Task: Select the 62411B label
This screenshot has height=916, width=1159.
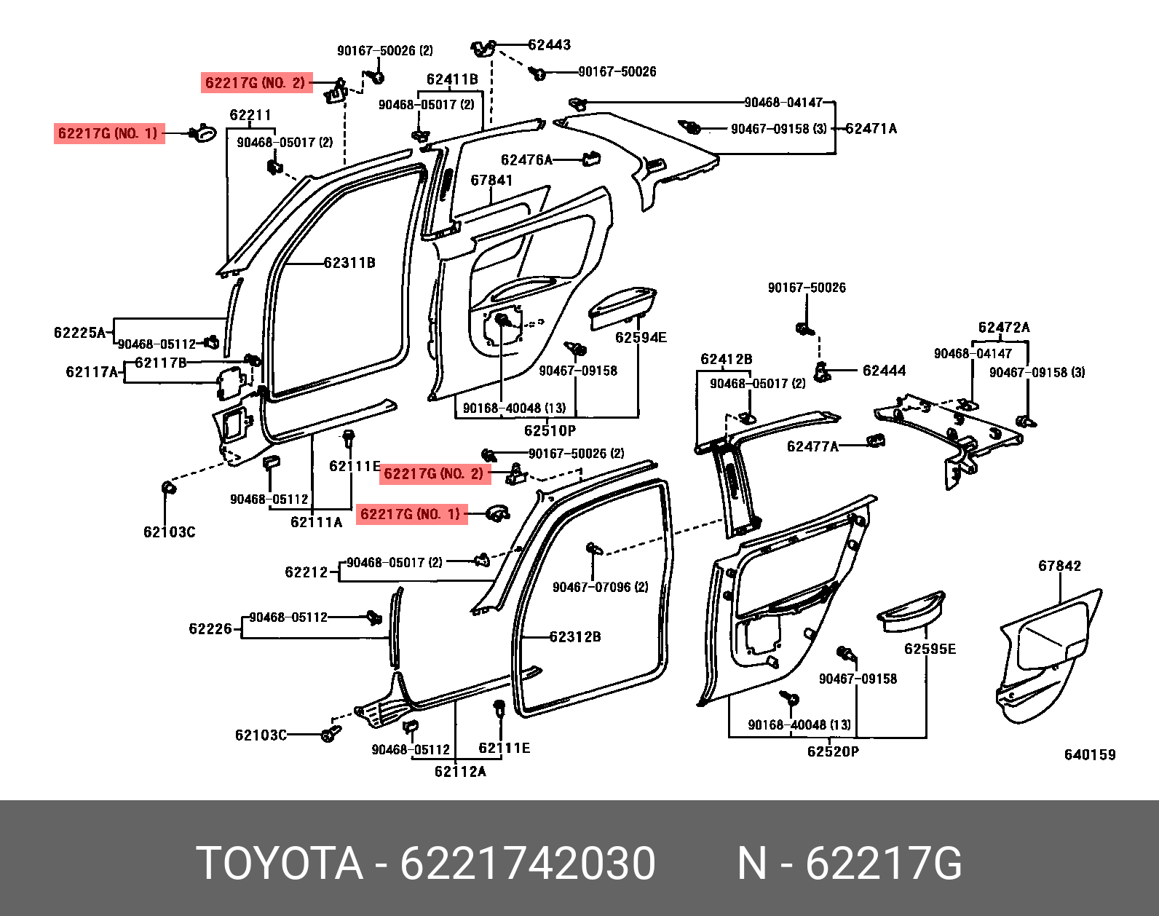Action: (x=452, y=79)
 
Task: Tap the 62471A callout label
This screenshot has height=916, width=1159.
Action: (x=871, y=129)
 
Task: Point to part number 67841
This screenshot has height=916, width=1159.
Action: (x=491, y=180)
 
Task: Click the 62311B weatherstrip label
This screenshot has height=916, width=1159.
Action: (x=349, y=263)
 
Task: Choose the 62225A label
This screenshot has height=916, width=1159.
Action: (x=80, y=333)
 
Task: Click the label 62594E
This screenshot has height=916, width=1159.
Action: (x=641, y=337)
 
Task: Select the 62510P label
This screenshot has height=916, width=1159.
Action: (x=550, y=430)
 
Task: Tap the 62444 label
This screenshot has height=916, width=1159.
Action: (x=884, y=371)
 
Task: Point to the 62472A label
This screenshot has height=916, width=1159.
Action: (x=1003, y=328)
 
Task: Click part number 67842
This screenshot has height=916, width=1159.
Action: (x=1059, y=566)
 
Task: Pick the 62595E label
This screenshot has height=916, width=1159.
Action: (x=930, y=649)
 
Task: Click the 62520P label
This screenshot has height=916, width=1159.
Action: (x=833, y=751)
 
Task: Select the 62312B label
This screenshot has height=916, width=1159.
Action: (x=574, y=636)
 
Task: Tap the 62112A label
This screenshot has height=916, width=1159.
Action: (x=459, y=772)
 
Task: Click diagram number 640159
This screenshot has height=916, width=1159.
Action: (x=1089, y=755)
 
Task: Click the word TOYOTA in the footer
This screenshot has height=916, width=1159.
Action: (x=280, y=864)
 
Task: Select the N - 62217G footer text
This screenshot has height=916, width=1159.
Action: (x=849, y=864)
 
